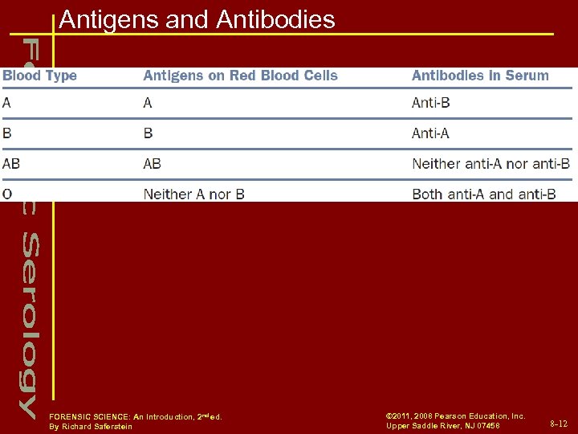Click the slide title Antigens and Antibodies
(197, 19)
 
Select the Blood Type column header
(39, 76)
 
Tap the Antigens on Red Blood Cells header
(240, 76)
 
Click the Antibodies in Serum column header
(480, 76)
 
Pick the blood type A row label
(7, 103)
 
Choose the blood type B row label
(7, 133)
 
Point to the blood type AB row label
(12, 164)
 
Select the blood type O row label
(7, 194)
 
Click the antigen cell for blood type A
(148, 103)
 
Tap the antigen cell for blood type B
(148, 133)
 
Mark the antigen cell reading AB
(153, 164)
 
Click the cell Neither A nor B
(193, 194)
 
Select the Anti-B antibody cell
(430, 103)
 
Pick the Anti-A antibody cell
(430, 133)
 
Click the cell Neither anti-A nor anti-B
(490, 164)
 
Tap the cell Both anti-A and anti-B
(483, 194)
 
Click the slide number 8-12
(558, 423)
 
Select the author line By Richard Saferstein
(91, 427)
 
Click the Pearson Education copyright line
(455, 416)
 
